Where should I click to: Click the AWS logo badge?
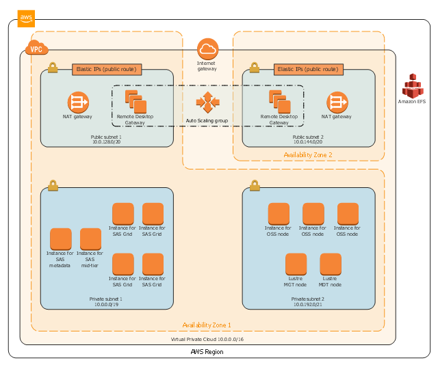(26, 18)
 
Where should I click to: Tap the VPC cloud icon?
(35, 49)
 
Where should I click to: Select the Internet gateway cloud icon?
(207, 49)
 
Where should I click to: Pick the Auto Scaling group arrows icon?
(207, 103)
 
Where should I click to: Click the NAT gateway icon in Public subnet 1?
(78, 103)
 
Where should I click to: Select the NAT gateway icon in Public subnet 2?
(337, 103)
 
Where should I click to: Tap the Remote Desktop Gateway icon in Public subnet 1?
(136, 102)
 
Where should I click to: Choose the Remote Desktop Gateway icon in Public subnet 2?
(279, 102)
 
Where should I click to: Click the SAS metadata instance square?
(61, 239)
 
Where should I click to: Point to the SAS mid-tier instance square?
(90, 239)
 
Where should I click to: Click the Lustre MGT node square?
(296, 264)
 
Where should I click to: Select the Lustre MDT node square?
(330, 264)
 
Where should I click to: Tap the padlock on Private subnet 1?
(53, 186)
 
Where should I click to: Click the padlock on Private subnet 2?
(255, 186)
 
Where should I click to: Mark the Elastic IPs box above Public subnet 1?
(107, 69)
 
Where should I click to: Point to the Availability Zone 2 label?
(308, 155)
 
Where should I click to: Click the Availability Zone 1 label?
(206, 325)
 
